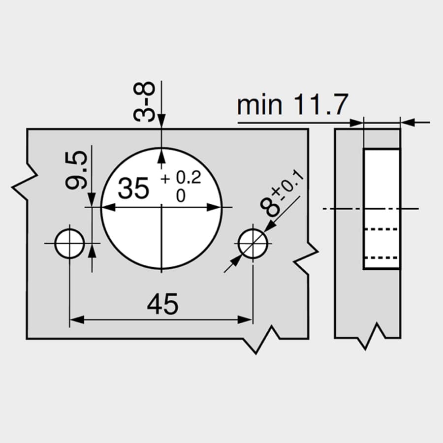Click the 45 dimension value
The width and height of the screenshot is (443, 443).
(x=163, y=304)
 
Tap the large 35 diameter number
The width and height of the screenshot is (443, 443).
(x=133, y=188)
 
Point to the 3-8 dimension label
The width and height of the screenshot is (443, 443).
(x=144, y=101)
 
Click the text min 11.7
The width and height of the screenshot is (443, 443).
(x=292, y=104)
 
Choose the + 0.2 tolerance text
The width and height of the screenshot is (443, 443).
(x=181, y=178)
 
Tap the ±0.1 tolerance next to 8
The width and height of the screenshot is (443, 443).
(x=288, y=185)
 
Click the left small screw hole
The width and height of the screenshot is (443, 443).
(x=69, y=244)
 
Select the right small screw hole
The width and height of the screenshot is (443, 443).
(x=253, y=244)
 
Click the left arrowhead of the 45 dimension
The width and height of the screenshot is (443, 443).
(x=77, y=320)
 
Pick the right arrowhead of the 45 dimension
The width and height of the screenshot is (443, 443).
(x=245, y=320)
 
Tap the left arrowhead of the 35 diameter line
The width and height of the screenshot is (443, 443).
(x=108, y=207)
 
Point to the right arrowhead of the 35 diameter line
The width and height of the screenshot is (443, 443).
(x=215, y=207)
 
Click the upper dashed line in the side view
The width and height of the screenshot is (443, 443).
(x=381, y=229)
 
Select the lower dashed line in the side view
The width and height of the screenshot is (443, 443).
(x=381, y=257)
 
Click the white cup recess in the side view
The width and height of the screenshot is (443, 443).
(x=381, y=209)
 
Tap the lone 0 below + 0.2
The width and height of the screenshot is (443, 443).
(x=181, y=195)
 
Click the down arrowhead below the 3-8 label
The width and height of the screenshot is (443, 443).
(x=161, y=122)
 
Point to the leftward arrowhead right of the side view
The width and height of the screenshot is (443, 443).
(x=408, y=123)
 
